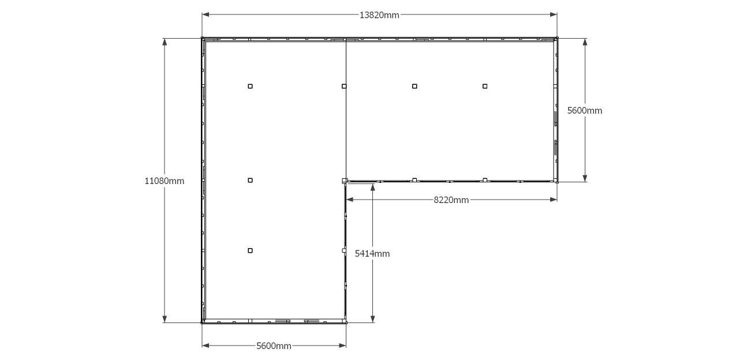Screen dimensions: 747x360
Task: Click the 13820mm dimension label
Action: point(379,16)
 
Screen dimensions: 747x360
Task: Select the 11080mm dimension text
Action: point(164,181)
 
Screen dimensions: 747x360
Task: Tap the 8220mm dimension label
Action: point(451,200)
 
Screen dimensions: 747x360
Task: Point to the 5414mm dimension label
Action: point(372,254)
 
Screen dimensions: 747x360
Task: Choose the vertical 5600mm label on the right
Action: point(585,111)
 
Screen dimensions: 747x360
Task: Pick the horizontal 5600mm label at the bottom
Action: point(274,346)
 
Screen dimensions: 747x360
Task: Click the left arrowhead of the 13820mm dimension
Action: point(206,14)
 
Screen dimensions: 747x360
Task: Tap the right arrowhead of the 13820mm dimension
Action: point(553,14)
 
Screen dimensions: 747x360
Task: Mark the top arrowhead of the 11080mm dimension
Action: point(165,42)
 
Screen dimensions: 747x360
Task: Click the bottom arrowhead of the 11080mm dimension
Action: point(165,319)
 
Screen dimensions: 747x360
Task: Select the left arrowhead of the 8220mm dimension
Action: point(350,200)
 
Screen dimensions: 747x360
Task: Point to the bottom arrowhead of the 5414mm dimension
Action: point(373,319)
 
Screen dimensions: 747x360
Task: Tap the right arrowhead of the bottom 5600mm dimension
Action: point(342,346)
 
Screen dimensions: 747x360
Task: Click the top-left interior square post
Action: point(250,87)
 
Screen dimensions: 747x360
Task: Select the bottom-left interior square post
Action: point(250,250)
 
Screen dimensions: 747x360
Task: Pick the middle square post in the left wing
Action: point(250,181)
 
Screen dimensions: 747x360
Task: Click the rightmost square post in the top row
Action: point(485,87)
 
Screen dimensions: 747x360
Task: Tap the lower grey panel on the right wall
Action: point(555,148)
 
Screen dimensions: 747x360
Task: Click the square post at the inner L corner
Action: point(345,181)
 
